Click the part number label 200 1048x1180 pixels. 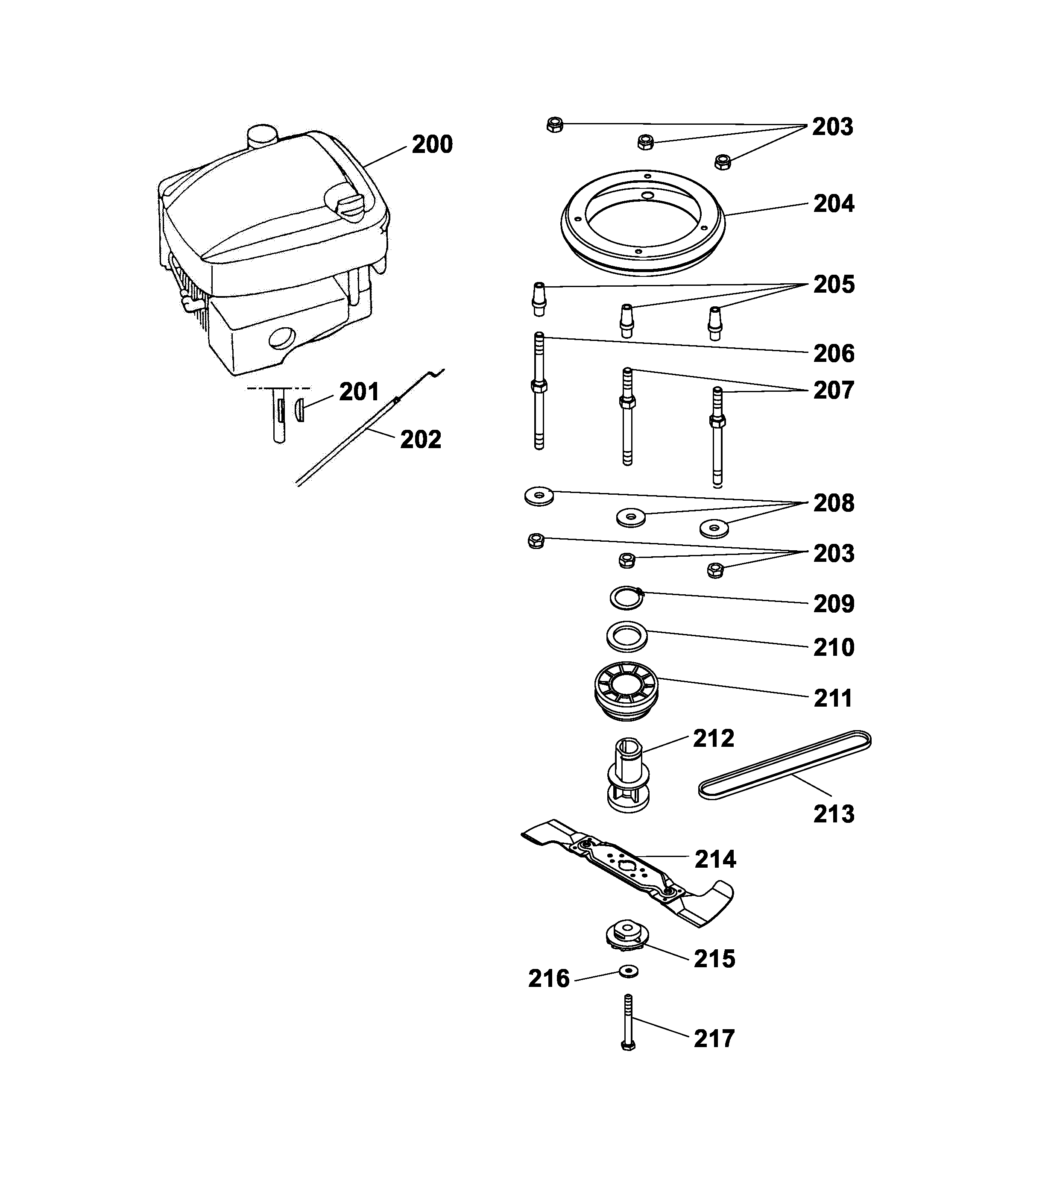pos(432,144)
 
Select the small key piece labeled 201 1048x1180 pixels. pos(299,410)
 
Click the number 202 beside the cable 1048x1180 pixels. pos(420,439)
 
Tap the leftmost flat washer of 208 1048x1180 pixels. pos(539,496)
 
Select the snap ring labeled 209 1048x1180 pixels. pos(626,598)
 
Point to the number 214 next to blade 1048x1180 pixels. pos(715,859)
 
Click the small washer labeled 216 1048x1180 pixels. pos(629,972)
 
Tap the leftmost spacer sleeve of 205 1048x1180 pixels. pos(539,299)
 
